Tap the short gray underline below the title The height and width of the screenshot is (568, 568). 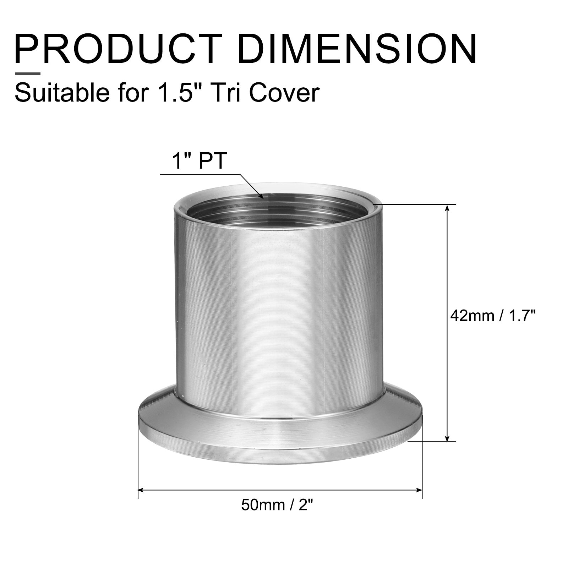click(27, 74)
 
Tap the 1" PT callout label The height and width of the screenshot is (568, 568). click(199, 161)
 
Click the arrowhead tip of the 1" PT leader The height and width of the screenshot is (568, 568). click(262, 198)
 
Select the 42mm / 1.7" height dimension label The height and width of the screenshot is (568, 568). click(492, 315)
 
